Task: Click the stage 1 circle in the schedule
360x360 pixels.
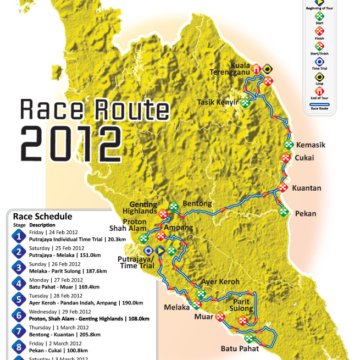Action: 17,236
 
